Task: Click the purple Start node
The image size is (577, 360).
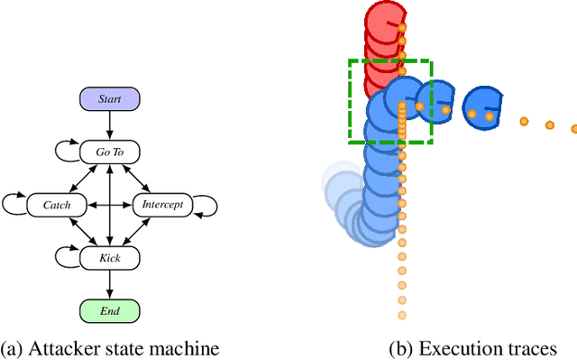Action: [109, 98]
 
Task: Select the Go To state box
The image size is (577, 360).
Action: [109, 152]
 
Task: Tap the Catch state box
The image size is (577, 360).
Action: [57, 205]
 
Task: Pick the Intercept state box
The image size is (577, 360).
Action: [162, 205]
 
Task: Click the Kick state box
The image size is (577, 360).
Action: [109, 258]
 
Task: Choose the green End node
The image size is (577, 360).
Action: [109, 311]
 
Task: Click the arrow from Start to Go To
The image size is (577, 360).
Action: [109, 125]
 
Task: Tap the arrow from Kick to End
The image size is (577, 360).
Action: [109, 284]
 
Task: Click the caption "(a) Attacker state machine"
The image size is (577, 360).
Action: [110, 348]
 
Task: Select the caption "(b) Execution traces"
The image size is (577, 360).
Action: [472, 348]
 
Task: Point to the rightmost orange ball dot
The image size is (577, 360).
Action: [574, 130]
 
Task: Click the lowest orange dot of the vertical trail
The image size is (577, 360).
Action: [401, 315]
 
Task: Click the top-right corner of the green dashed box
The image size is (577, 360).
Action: [432, 61]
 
